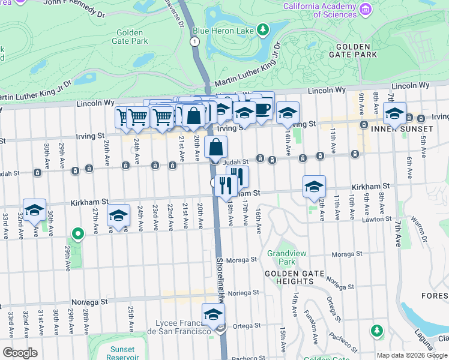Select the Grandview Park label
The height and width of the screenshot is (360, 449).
281,257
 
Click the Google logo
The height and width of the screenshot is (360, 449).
20,353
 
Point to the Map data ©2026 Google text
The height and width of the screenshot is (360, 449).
412,355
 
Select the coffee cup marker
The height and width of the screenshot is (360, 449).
262,108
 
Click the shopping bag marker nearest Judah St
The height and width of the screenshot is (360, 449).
215,147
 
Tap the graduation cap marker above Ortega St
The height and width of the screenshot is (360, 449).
213,314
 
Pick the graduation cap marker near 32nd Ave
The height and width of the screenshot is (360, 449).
35,210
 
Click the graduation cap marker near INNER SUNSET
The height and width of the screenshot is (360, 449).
394,113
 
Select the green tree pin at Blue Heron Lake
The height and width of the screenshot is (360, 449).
262,29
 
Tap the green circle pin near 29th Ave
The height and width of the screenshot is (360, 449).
77,233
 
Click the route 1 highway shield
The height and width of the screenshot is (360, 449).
194,41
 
